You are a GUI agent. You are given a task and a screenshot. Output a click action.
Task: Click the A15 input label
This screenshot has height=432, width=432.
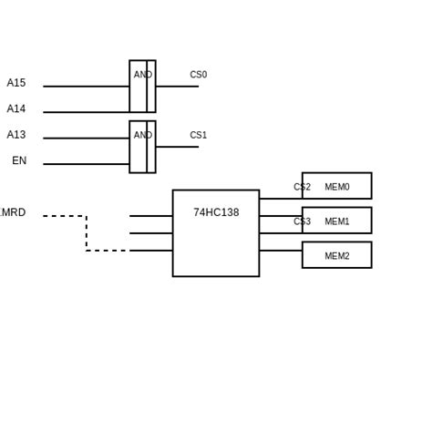pos(16,83)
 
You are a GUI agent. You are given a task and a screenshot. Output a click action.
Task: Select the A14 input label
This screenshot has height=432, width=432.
pos(16,109)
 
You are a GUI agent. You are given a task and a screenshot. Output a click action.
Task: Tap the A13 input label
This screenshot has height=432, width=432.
pos(16,135)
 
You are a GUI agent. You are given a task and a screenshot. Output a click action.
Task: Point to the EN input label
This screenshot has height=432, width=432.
pos(19,161)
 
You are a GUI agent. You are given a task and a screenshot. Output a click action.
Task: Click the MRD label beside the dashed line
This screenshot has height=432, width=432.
pos(13,212)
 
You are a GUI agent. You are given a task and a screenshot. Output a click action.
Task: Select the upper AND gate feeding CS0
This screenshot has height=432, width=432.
pos(142,87)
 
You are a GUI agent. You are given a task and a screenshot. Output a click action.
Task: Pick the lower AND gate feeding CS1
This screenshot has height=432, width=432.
pos(142,147)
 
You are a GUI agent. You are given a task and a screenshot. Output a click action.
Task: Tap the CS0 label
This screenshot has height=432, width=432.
pos(198,75)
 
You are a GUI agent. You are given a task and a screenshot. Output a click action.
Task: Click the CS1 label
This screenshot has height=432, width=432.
pos(198,135)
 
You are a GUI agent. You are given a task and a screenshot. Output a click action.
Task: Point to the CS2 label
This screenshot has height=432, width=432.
pos(302,187)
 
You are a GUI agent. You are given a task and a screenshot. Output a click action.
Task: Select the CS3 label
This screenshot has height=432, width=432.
pos(302,221)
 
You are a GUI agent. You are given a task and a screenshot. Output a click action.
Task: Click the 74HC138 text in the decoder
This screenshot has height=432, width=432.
pos(216,212)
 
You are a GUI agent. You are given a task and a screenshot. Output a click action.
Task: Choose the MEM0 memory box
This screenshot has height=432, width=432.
pos(336,186)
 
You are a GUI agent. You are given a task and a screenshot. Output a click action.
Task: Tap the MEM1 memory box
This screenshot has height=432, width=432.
pos(336,221)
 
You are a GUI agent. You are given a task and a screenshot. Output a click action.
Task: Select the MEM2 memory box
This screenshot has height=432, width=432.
pos(336,255)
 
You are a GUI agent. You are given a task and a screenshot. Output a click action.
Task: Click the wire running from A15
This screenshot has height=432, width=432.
pos(86,87)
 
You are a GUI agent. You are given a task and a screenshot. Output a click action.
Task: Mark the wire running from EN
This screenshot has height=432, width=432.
pos(86,164)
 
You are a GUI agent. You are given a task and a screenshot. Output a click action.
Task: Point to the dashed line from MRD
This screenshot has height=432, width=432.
pos(87,232)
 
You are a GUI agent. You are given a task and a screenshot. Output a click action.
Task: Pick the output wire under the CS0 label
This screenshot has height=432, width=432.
pos(177,87)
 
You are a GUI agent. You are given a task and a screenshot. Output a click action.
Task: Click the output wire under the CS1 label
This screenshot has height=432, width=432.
pos(177,147)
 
